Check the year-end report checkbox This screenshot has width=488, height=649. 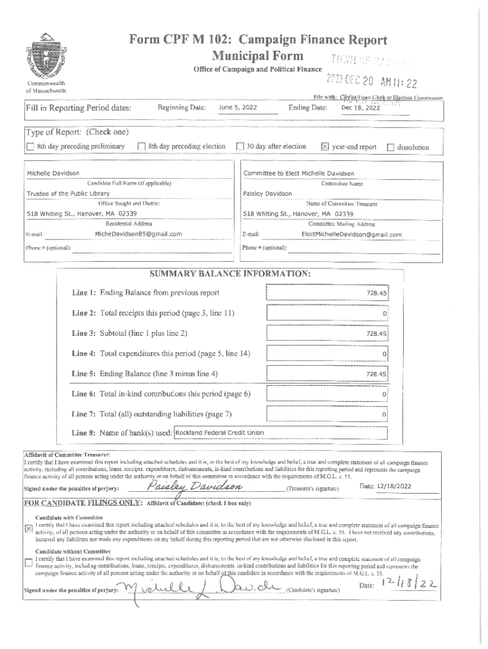[325, 147]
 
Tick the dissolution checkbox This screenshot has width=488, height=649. [390, 147]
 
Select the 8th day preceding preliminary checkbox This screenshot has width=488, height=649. [30, 147]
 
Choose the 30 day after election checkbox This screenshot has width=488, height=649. [240, 147]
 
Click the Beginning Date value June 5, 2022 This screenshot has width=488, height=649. [237, 108]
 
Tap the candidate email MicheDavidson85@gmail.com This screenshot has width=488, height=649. [138, 234]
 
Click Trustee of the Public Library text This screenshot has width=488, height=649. [68, 193]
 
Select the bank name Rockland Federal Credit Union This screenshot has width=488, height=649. [219, 433]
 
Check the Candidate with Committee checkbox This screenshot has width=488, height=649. [27, 528]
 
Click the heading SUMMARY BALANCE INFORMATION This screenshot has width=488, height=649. [229, 274]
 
